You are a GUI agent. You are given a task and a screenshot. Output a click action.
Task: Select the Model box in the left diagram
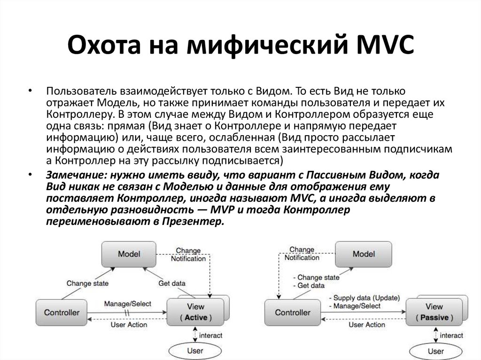[x=129, y=254]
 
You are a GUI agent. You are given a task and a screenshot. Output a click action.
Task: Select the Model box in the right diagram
[x=363, y=254]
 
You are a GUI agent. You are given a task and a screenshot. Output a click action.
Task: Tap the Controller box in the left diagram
[x=62, y=312]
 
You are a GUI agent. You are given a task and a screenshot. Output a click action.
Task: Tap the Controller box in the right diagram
[x=293, y=312]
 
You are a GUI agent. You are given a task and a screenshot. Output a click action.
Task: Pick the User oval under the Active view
[x=195, y=351]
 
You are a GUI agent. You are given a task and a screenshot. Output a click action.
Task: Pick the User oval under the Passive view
[x=435, y=351]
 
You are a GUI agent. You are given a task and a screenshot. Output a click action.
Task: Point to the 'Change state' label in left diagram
[x=87, y=283]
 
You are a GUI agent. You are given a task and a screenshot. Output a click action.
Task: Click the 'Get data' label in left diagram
[x=171, y=283]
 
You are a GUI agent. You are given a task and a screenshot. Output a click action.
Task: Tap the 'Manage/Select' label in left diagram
[x=127, y=304]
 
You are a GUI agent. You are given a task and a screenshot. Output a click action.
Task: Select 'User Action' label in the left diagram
[x=129, y=324]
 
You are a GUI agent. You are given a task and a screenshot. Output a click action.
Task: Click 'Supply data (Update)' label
[x=367, y=298]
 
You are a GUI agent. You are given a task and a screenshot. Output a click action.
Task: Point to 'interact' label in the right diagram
[x=451, y=336]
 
